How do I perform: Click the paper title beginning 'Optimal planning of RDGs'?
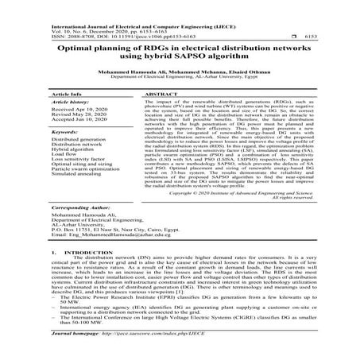[180, 48]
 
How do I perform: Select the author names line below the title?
[180, 70]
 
